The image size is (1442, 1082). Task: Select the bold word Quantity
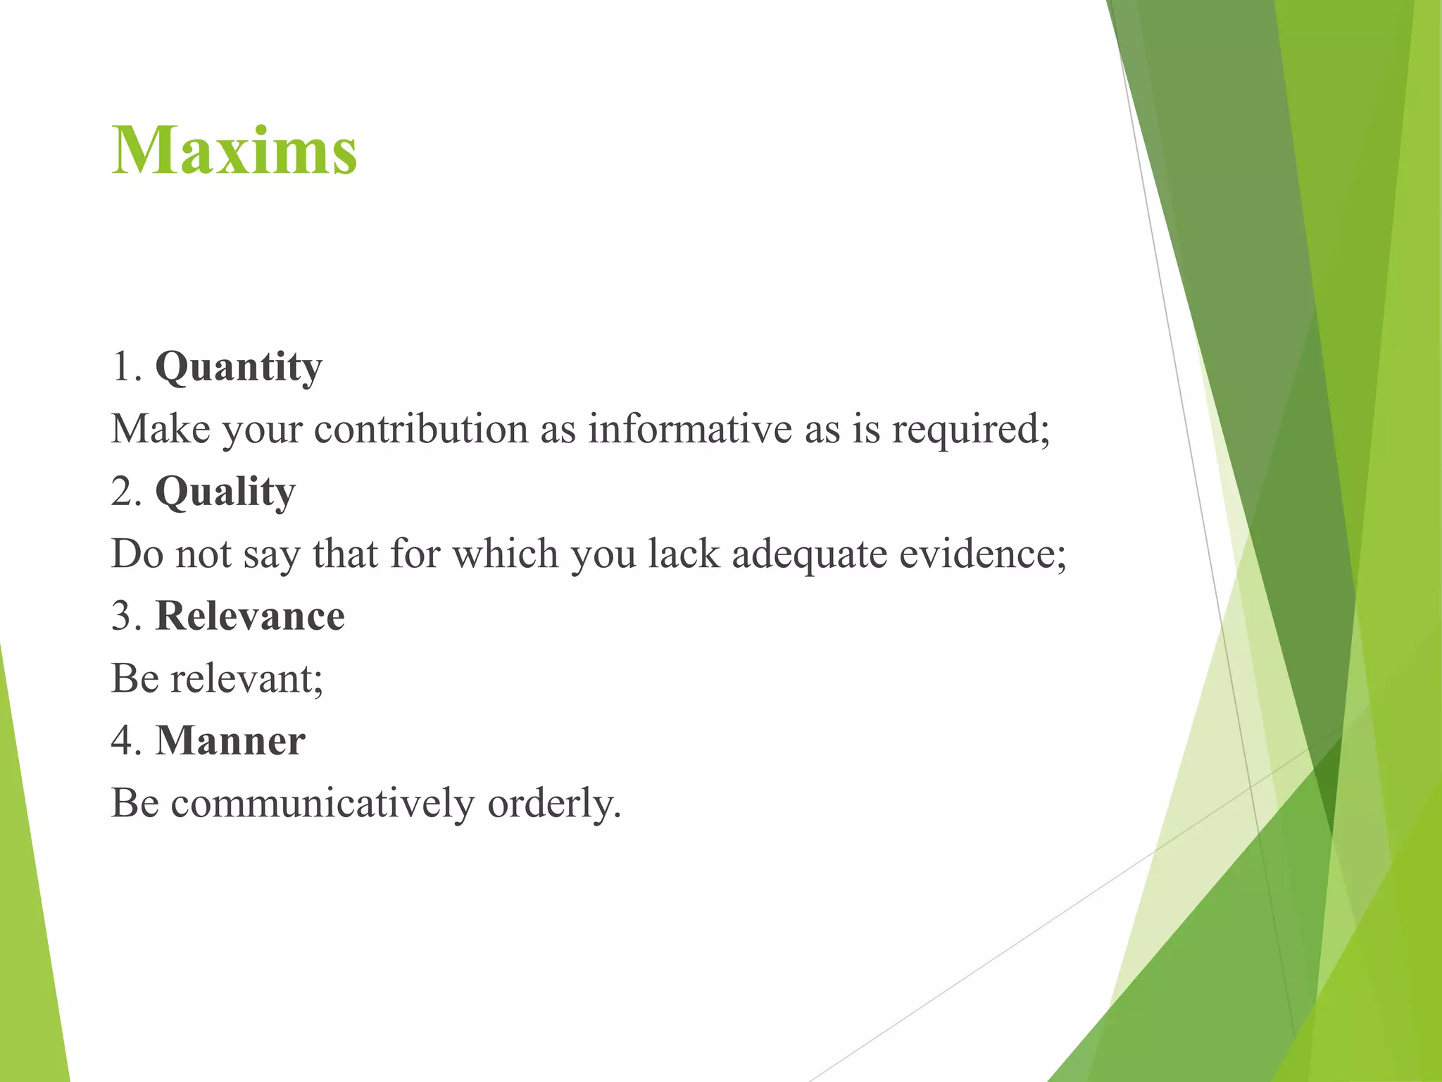[239, 368]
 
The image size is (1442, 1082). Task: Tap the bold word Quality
[225, 492]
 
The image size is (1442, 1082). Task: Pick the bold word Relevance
[250, 616]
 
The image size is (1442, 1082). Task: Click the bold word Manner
[230, 741]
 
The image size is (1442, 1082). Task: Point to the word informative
[689, 429]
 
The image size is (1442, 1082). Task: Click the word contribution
[421, 429]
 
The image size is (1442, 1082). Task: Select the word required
[970, 429]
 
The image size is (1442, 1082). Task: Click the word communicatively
[322, 803]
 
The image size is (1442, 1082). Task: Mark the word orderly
[554, 803]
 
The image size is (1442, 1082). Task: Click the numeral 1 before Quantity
[122, 368]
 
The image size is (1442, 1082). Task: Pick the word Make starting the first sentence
[161, 429]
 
